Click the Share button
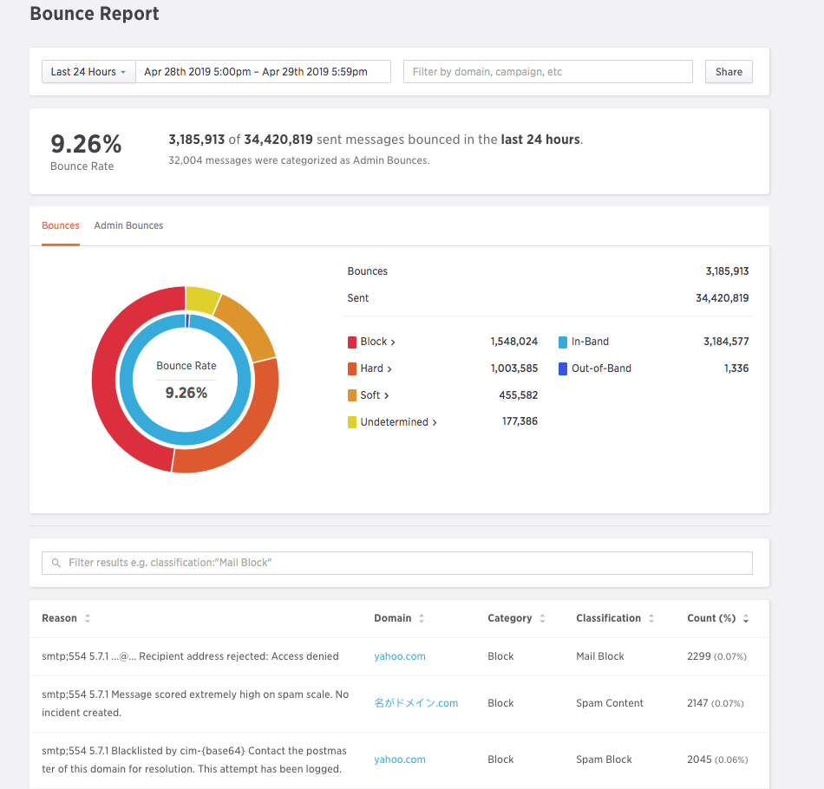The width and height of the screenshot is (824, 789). coord(729,72)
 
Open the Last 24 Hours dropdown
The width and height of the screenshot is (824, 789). coord(88,72)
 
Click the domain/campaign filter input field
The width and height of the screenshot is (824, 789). coord(547,72)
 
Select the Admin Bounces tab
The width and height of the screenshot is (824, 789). coord(128,225)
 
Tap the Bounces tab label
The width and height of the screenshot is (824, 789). coord(61,225)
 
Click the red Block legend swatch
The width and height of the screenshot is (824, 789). coord(352,342)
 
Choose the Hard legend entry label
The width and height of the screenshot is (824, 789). coord(372,368)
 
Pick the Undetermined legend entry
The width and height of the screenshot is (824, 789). coord(395,422)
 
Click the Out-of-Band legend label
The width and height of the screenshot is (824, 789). coord(601,368)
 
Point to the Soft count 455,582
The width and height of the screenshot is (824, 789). coord(518,395)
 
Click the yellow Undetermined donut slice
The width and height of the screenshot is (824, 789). coord(202,300)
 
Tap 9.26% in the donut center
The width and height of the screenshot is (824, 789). coord(186,393)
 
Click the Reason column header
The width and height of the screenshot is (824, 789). coord(60,618)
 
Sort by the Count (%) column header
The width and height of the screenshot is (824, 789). coord(711,618)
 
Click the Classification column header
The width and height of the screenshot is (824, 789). coord(609,618)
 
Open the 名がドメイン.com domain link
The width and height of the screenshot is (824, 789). coord(416,703)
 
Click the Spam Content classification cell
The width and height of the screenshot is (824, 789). coord(610,703)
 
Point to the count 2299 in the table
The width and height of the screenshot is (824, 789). coord(698,656)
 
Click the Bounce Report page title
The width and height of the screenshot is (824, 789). coord(95,15)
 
